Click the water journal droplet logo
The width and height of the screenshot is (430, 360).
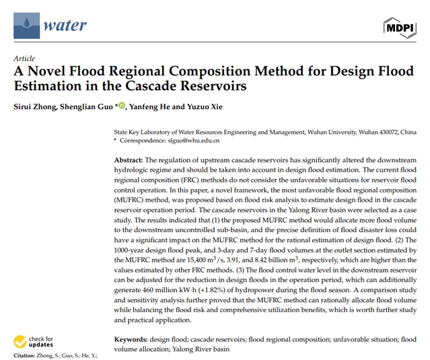pos(26,26)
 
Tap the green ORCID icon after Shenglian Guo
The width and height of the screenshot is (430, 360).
pos(122,106)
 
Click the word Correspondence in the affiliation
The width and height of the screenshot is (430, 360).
pos(143,141)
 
